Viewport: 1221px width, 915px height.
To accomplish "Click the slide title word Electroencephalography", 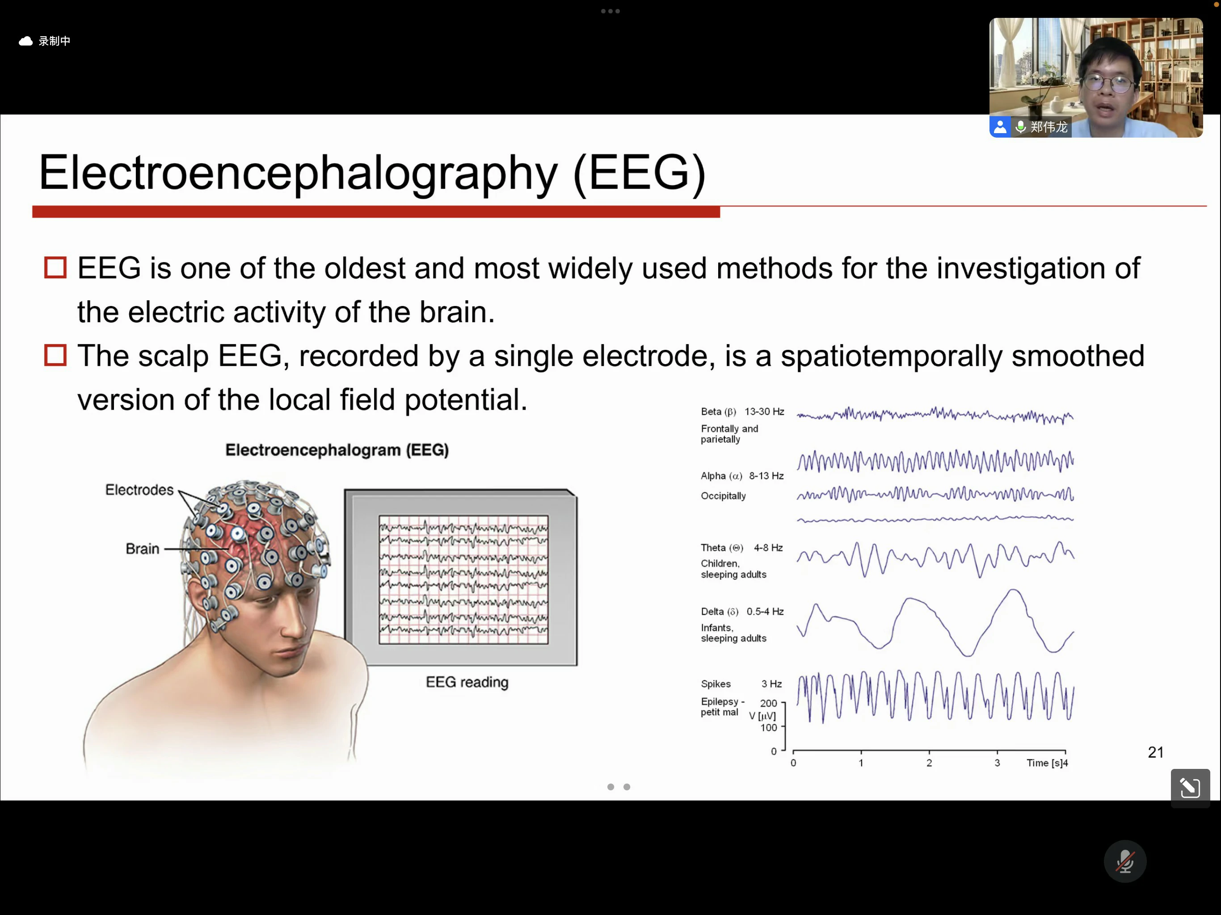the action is (x=298, y=174).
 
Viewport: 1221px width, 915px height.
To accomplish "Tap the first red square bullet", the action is (x=55, y=268).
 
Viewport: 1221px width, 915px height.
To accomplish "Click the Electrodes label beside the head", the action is (x=139, y=490).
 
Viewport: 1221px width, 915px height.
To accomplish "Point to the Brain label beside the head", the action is (x=143, y=549).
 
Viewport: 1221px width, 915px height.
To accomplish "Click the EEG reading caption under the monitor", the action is (x=467, y=682).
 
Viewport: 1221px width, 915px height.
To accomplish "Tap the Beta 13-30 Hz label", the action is (x=742, y=411).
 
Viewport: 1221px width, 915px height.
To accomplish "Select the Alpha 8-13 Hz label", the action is (x=742, y=476).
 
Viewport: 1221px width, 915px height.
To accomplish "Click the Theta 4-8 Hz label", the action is (x=742, y=547).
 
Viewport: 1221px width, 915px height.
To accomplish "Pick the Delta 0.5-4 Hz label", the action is (x=742, y=612).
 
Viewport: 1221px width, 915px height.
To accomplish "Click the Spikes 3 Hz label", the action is (x=741, y=684).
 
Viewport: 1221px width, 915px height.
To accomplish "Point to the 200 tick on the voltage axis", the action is (x=768, y=703).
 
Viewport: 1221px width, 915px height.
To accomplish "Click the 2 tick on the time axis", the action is (x=929, y=763).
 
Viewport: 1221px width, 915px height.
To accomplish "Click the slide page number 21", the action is (x=1156, y=752).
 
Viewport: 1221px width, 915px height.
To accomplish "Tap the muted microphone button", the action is (x=1125, y=861).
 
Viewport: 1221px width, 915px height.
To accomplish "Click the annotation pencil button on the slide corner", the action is (x=1190, y=788).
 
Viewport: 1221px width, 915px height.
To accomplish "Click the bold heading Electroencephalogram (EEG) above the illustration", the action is (x=337, y=450).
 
